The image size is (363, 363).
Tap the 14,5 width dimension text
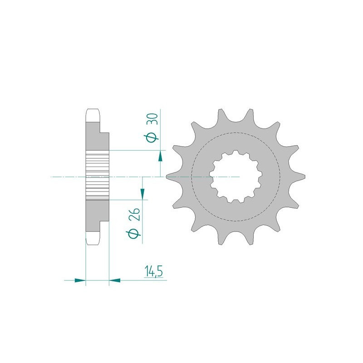[x=154, y=272]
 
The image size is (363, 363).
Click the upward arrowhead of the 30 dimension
[x=160, y=156]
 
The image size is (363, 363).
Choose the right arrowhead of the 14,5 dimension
[x=114, y=280]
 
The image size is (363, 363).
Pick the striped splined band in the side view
[x=98, y=176]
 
